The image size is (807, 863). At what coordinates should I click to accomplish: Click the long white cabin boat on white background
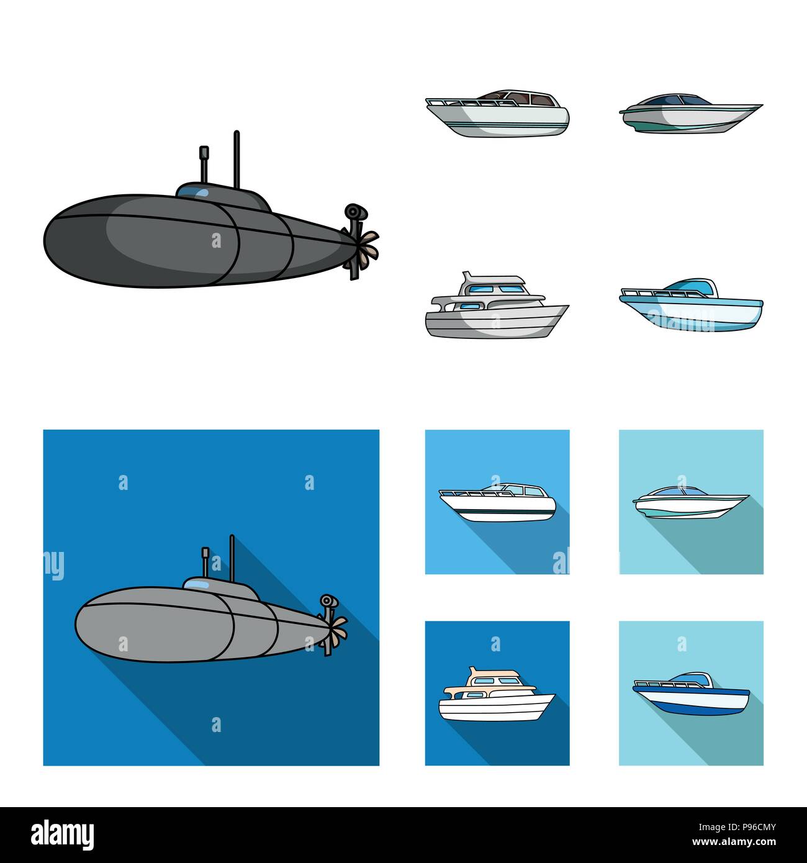(x=497, y=112)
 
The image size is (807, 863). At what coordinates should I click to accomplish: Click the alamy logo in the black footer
(x=54, y=834)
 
